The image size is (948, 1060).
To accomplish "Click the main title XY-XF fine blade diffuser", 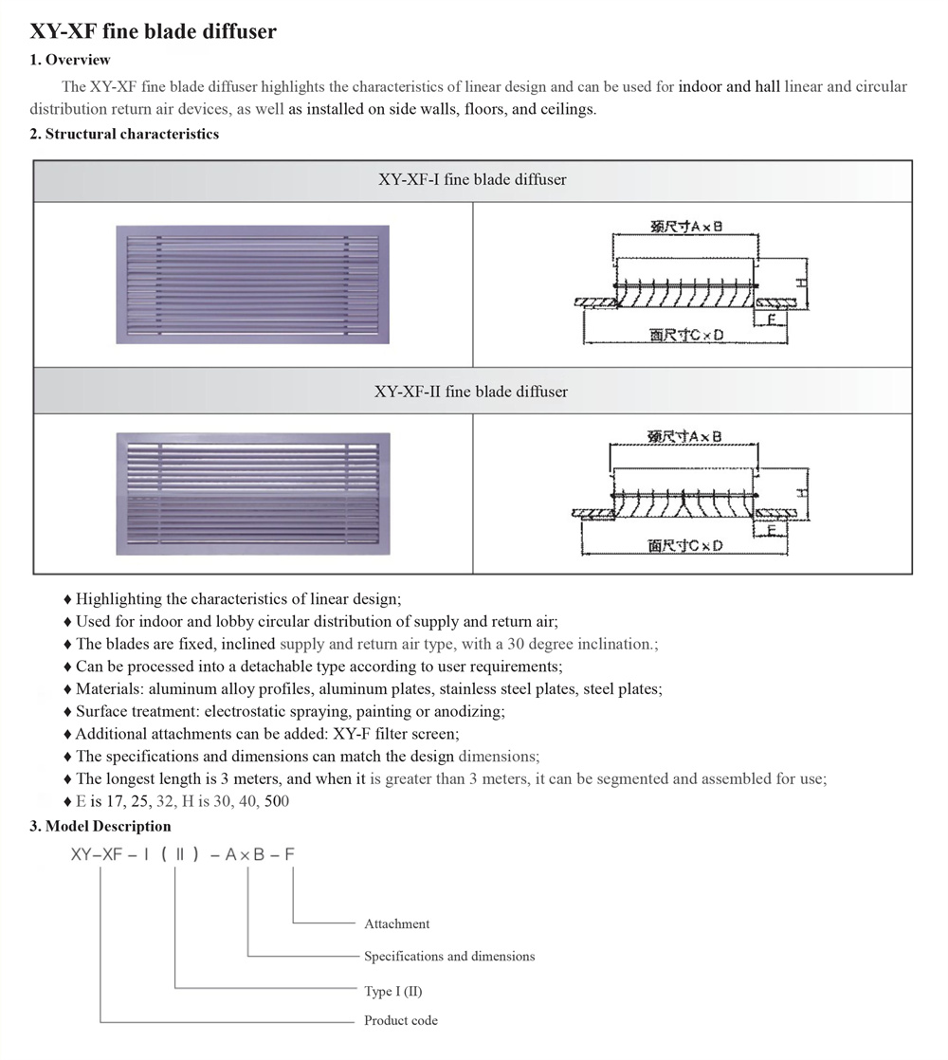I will tap(154, 31).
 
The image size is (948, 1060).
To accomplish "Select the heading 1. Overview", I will tap(70, 60).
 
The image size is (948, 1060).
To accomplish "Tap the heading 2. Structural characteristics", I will tap(124, 134).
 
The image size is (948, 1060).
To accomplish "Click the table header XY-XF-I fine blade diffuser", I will tap(472, 179).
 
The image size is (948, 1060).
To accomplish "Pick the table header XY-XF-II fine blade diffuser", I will tap(471, 391).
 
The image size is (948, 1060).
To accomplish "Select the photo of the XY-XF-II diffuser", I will tap(252, 493).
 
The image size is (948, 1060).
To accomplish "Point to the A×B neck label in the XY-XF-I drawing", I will tap(686, 227).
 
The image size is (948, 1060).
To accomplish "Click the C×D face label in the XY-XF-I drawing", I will tap(686, 336).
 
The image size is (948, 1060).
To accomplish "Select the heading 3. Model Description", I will tap(100, 826).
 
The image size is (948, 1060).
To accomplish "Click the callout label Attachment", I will tap(396, 923).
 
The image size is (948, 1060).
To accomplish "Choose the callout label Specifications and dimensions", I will tap(449, 956).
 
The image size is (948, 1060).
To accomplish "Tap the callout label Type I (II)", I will tap(393, 991).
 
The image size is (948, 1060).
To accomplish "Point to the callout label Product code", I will tap(401, 1020).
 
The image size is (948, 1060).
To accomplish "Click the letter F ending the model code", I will tap(289, 854).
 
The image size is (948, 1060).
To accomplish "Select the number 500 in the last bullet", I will tap(277, 801).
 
